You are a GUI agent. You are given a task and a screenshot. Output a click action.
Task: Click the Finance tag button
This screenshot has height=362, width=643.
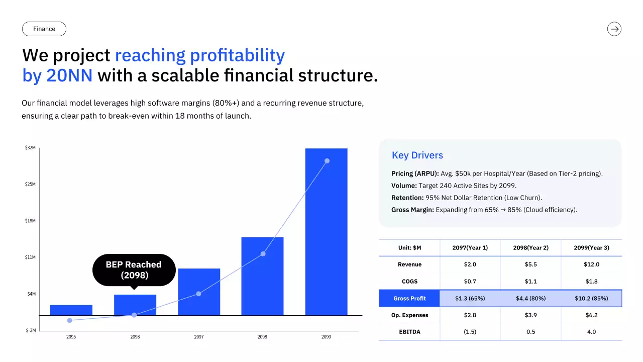44,29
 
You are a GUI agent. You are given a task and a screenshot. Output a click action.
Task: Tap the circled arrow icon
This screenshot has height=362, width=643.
614,29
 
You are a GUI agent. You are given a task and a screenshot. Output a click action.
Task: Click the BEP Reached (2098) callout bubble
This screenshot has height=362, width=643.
134,270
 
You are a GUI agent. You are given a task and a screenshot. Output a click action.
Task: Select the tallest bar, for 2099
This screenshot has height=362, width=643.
326,232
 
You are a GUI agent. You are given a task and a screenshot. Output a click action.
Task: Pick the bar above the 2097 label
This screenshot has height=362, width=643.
199,292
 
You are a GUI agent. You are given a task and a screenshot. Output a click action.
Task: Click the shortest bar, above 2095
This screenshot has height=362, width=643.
71,310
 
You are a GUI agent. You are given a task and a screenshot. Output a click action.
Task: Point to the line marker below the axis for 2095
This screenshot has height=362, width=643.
69,320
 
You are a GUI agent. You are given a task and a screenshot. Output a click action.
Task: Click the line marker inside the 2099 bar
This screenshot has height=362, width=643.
327,161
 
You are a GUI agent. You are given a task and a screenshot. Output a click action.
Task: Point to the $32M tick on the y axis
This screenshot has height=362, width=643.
30,148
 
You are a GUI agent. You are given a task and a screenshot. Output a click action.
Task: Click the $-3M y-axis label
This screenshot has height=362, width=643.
31,330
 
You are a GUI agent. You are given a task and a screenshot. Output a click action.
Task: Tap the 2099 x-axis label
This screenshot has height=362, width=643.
326,337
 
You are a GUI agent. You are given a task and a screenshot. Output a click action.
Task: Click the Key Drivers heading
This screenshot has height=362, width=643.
417,155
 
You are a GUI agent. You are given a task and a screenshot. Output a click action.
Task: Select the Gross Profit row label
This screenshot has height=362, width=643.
409,298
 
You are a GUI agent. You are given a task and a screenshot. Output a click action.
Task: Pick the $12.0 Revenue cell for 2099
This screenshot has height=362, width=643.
591,264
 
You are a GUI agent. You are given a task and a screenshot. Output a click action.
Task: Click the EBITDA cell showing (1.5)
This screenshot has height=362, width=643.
470,332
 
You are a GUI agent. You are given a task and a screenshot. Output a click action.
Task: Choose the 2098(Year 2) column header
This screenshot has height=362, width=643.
530,248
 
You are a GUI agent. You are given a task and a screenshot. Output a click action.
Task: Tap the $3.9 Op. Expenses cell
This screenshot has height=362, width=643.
530,315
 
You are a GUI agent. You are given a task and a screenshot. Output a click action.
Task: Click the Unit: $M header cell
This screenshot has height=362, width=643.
409,248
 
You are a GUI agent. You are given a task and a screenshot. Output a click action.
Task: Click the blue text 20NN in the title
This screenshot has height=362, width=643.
69,75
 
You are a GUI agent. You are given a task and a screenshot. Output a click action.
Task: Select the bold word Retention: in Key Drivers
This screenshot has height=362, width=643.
407,198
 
